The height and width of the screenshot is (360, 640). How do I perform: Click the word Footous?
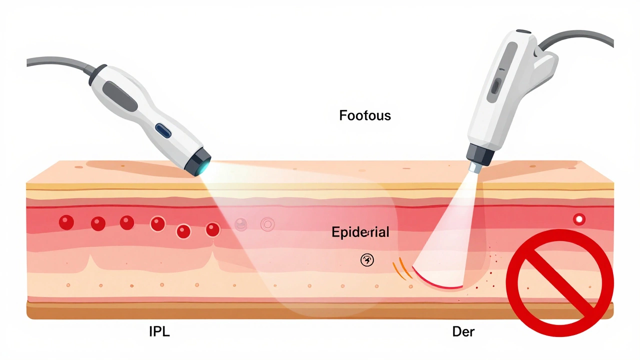point(365,116)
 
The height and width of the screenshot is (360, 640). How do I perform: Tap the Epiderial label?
point(360,232)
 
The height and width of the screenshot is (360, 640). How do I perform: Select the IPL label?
point(159,331)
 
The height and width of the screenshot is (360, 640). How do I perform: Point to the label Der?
point(463,331)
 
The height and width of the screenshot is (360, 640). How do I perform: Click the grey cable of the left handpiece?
point(55,62)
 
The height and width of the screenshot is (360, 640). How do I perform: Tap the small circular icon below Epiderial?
point(367,260)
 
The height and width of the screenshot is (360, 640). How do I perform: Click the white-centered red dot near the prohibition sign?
point(579,219)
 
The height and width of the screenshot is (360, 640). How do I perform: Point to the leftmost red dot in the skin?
point(66,222)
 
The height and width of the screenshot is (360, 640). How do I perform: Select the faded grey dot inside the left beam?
point(241,224)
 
